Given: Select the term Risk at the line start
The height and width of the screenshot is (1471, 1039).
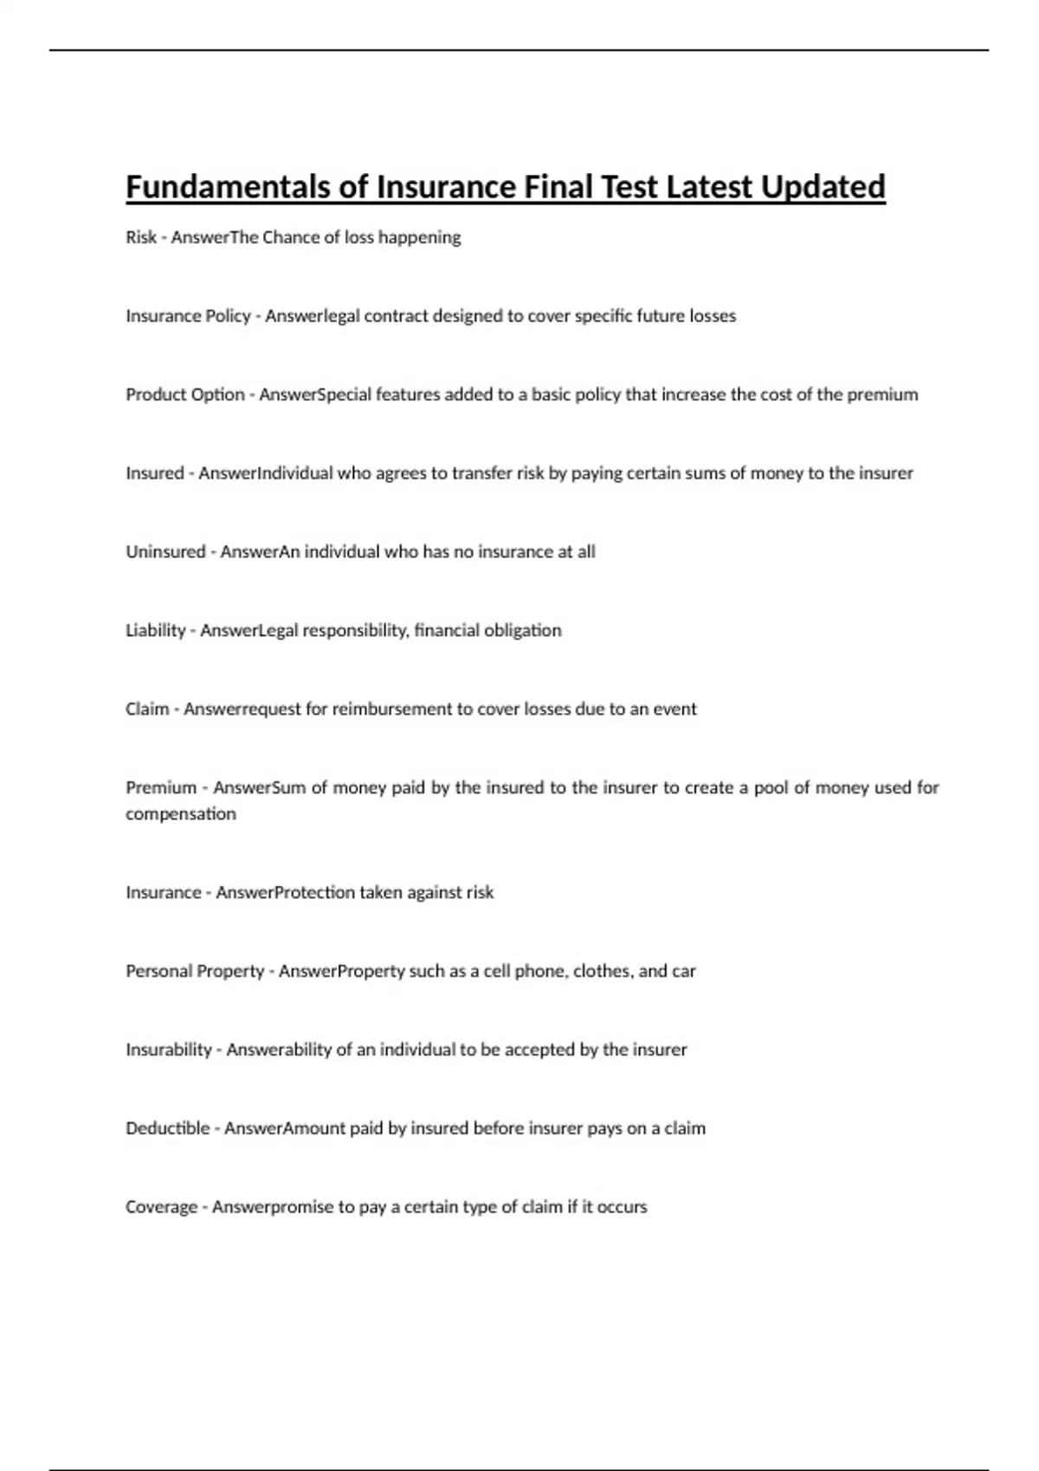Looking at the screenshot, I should click(141, 237).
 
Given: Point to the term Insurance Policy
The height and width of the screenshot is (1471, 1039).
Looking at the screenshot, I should click(188, 316).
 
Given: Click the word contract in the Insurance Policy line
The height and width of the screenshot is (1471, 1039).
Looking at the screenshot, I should click(396, 316).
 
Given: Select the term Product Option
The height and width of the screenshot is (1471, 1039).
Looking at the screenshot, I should click(185, 395).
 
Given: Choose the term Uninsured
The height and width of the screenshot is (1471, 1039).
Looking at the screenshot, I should click(165, 552).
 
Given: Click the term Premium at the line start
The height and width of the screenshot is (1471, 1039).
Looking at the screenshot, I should click(161, 788).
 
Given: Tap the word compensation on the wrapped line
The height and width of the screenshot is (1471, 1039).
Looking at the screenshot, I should click(180, 814).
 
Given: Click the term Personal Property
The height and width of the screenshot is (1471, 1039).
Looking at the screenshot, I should click(195, 972).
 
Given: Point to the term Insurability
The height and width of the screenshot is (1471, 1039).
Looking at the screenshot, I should click(169, 1050).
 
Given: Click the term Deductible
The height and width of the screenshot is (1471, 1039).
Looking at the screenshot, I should click(168, 1129).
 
